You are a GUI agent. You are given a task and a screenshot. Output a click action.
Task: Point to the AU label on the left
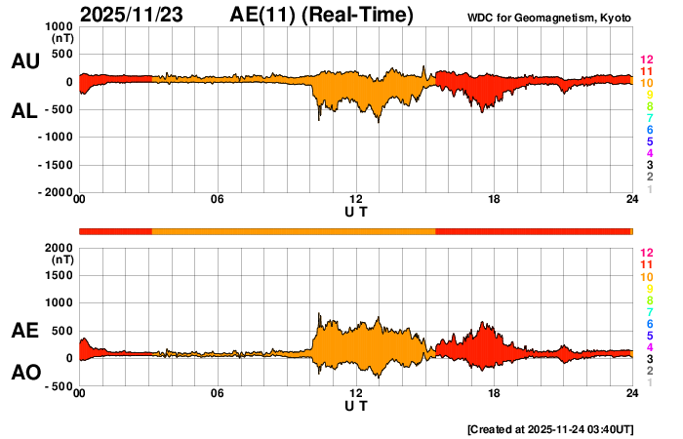point(24,61)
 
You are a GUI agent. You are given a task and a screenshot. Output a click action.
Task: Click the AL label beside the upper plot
point(24,111)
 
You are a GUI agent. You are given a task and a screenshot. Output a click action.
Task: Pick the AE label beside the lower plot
point(24,332)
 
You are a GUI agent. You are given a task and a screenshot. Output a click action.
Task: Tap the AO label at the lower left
point(24,373)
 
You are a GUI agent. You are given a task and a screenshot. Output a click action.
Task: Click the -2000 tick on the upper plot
point(55,193)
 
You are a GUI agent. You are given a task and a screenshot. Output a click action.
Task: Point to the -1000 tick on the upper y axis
point(55,138)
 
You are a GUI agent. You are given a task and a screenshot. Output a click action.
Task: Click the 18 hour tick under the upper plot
point(495,200)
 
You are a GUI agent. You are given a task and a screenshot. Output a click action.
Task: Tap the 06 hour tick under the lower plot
point(218,394)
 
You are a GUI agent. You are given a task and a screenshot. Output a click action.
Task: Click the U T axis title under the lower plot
point(356,406)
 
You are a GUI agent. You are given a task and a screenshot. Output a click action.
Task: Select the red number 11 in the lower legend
point(646,264)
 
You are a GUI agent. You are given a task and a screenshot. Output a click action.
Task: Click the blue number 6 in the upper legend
point(649,130)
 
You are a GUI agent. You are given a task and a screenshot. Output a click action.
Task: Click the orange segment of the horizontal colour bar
point(293,230)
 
